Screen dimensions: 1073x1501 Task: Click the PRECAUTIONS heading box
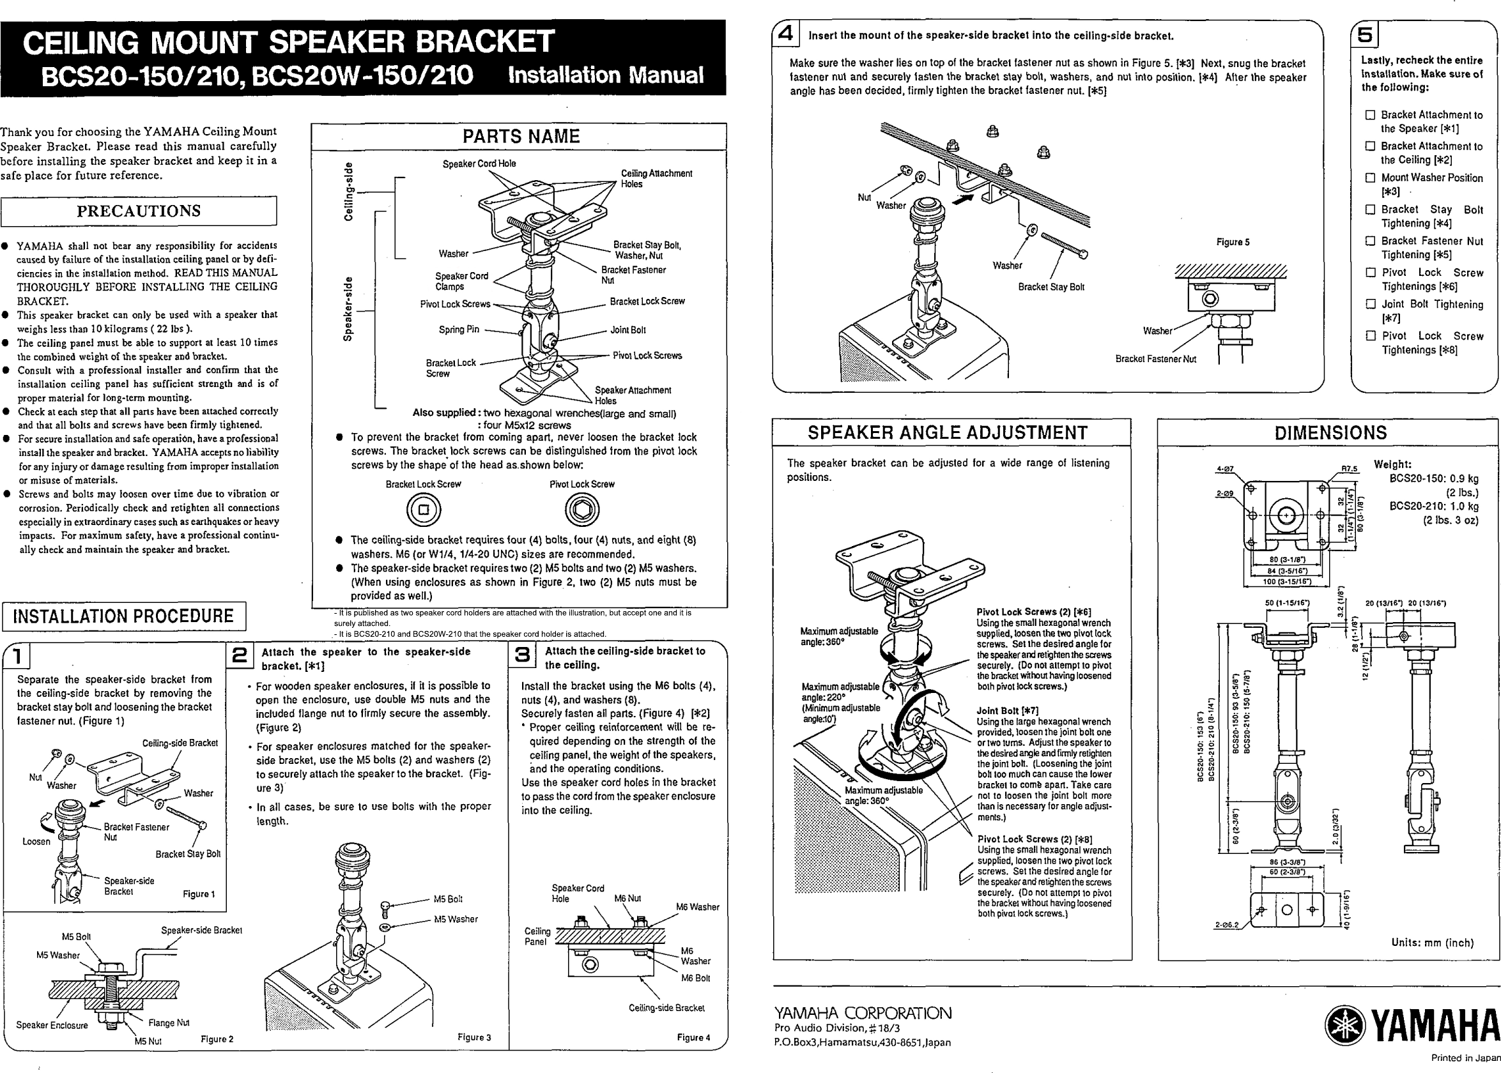[x=139, y=211]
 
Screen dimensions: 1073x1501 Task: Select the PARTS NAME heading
[x=520, y=137]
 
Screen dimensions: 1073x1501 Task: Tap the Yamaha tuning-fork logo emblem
[x=1344, y=1026]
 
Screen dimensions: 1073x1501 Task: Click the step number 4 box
[x=785, y=34]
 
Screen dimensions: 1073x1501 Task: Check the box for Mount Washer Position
[x=1370, y=178]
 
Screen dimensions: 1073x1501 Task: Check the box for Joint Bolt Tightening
[x=1370, y=304]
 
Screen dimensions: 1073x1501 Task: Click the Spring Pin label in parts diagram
[x=459, y=330]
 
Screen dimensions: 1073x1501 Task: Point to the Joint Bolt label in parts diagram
[x=627, y=330]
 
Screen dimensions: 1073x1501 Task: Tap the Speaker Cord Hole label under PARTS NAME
[x=479, y=164]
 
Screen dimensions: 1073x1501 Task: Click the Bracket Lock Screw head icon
[x=424, y=510]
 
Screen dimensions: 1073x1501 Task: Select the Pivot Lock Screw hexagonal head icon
[x=581, y=510]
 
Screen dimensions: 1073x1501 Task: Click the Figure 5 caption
[x=1232, y=243]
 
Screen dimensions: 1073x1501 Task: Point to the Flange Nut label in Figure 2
[x=169, y=1023]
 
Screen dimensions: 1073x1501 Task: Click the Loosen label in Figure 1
[x=36, y=842]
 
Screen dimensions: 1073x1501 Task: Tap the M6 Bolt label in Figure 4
[x=695, y=978]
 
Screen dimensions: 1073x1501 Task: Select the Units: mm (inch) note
[x=1431, y=943]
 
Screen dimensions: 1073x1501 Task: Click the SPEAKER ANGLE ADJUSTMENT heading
[x=947, y=433]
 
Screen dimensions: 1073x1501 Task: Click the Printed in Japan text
[x=1465, y=1058]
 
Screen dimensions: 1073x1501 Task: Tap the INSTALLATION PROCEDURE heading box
[x=123, y=616]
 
